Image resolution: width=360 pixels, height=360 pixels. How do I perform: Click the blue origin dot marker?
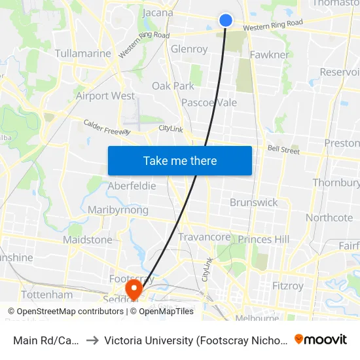tap(226, 20)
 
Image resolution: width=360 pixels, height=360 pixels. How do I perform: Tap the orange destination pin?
tap(134, 288)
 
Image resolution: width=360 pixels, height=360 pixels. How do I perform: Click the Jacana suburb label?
tap(157, 12)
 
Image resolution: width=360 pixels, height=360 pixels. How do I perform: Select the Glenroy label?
tap(189, 49)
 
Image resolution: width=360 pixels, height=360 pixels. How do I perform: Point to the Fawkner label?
tap(270, 55)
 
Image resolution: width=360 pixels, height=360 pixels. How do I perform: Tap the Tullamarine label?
tap(82, 53)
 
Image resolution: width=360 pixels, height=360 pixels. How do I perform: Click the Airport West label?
tap(105, 96)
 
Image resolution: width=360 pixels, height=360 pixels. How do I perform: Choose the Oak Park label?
tap(173, 86)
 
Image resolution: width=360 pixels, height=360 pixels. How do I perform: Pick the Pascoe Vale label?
tap(209, 103)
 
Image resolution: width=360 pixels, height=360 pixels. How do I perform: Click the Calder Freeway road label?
tap(107, 127)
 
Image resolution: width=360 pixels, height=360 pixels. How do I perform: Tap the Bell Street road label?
tap(283, 150)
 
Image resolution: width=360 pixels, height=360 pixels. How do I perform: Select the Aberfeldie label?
tap(132, 186)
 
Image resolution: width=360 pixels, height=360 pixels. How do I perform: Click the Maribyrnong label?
tap(118, 210)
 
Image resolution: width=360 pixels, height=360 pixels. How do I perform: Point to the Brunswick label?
tap(254, 202)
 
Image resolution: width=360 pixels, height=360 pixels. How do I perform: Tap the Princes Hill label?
tap(263, 240)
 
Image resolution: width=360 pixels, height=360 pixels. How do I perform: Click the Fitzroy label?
tap(289, 285)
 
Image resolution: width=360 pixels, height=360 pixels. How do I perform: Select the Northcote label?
tap(329, 218)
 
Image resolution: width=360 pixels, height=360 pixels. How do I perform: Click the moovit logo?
tap(321, 339)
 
